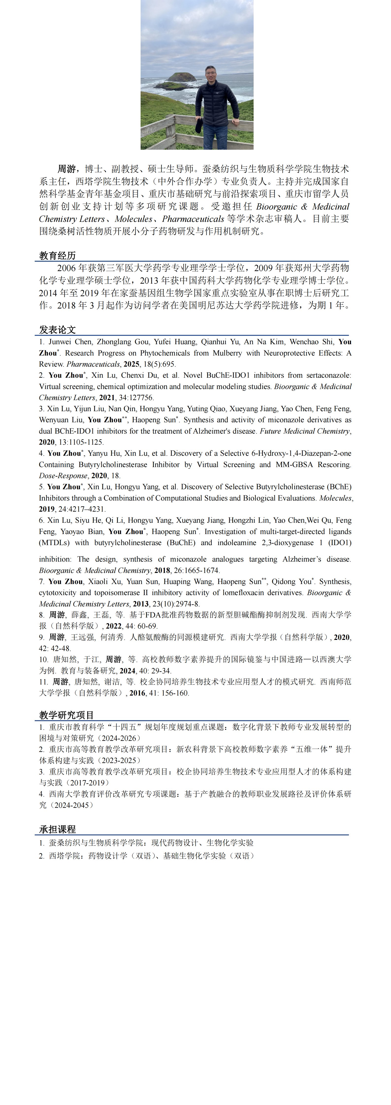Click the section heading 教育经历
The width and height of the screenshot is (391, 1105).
pyautogui.click(x=58, y=256)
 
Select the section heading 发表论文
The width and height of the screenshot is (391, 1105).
pyautogui.click(x=58, y=329)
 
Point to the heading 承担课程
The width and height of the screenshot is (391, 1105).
pyautogui.click(x=58, y=829)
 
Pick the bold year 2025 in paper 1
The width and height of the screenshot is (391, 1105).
pyautogui.click(x=131, y=364)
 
